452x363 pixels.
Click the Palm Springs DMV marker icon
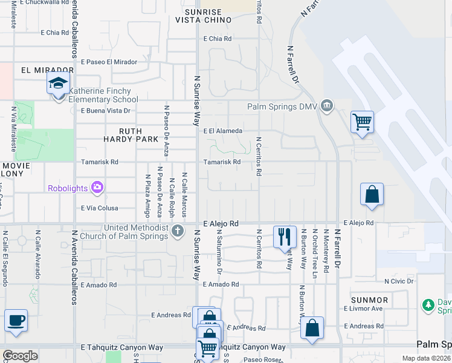(327, 106)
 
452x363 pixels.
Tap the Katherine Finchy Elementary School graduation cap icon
(59, 83)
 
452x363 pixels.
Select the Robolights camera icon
(97, 188)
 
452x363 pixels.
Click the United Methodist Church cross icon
(178, 231)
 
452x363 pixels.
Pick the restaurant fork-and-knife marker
(284, 237)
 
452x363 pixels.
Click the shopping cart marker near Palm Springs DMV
(362, 122)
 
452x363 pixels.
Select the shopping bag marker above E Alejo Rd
(372, 195)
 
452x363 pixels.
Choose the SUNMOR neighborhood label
(370, 300)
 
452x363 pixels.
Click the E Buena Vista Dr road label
(106, 111)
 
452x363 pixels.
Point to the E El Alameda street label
(223, 131)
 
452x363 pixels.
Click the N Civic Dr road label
(399, 281)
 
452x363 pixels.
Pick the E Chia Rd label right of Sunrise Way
(218, 39)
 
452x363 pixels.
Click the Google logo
(20, 356)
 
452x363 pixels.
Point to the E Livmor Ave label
(363, 309)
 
